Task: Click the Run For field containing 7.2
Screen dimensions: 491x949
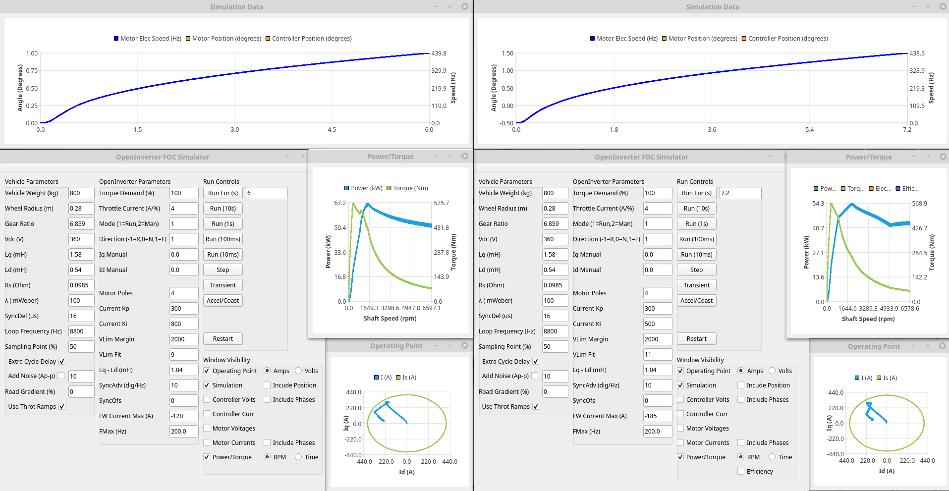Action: [x=740, y=193]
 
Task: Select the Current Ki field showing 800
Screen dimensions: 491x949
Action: [x=183, y=324]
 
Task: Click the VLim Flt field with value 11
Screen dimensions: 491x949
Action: [x=657, y=355]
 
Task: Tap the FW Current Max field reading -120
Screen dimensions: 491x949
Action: [x=183, y=416]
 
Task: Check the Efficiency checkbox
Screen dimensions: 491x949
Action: [x=741, y=472]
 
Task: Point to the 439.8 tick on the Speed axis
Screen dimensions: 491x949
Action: [x=439, y=54]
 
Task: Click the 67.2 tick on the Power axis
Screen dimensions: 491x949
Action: [x=340, y=203]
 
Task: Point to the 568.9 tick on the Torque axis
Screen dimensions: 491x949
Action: [x=919, y=204]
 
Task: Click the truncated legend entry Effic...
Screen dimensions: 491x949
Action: [x=907, y=189]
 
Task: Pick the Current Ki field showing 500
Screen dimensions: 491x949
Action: [x=657, y=324]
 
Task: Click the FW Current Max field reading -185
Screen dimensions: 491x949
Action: [x=657, y=416]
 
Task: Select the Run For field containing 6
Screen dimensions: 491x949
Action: [x=267, y=193]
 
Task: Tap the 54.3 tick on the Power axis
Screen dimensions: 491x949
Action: [x=818, y=204]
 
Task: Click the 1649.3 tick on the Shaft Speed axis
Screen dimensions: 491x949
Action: [x=369, y=308]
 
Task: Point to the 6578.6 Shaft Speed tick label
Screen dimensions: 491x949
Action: [x=910, y=309]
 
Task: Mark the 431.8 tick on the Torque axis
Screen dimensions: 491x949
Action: [x=441, y=228]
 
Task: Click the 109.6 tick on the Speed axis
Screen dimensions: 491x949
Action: [x=917, y=106]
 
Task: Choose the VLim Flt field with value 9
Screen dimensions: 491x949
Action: [x=183, y=355]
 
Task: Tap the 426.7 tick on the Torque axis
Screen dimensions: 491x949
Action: [x=919, y=228]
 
